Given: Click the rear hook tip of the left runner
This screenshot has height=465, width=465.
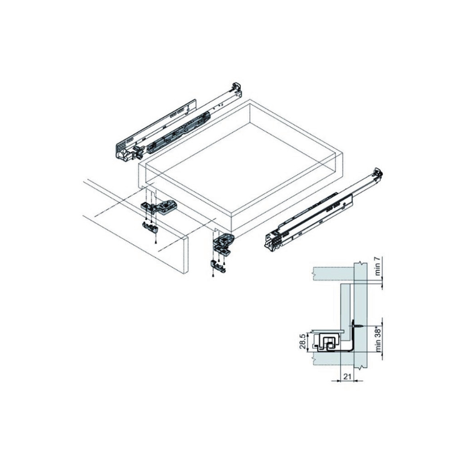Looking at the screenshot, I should [236, 87].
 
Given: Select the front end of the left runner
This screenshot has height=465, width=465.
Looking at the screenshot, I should [122, 153].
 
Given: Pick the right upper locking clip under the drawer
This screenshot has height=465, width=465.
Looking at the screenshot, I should [224, 241].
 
